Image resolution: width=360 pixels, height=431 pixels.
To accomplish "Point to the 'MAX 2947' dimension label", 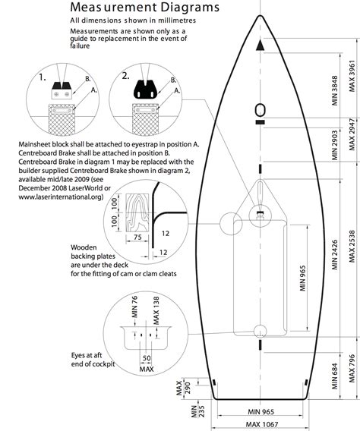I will (351, 134).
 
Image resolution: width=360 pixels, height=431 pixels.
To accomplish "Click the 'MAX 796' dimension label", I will (351, 372).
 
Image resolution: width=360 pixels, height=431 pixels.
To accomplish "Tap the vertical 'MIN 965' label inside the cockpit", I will (305, 278).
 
